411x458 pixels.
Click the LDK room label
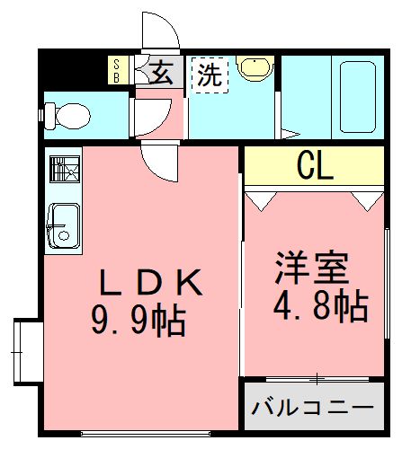point(149,283)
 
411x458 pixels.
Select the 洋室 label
point(311,269)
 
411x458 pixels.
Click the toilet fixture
point(68,115)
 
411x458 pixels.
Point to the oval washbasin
point(256,68)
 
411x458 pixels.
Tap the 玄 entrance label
point(161,72)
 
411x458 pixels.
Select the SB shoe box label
point(116,70)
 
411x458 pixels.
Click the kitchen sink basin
point(62,223)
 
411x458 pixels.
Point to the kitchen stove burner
point(63,170)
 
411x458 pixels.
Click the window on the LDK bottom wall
point(143,434)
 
